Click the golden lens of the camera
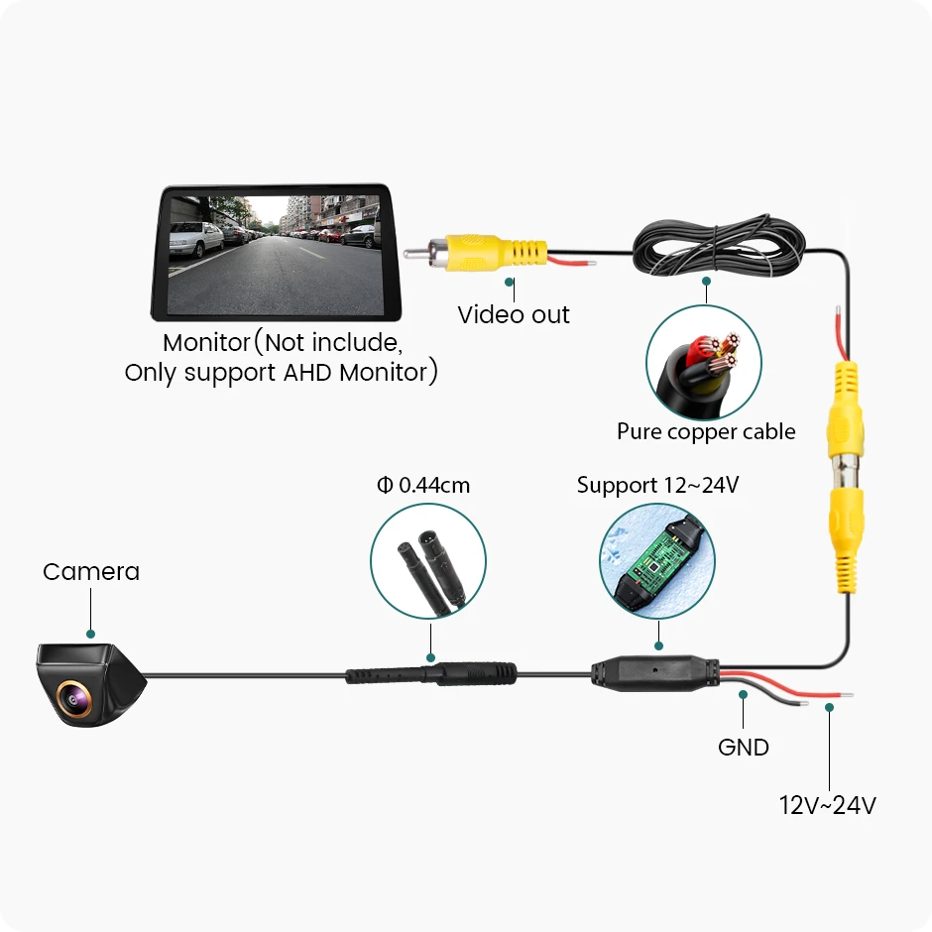click(x=74, y=696)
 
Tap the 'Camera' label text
click(x=91, y=571)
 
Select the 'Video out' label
click(x=514, y=315)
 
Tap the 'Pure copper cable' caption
click(x=706, y=431)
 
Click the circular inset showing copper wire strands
click(x=704, y=361)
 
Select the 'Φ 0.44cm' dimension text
click(x=423, y=485)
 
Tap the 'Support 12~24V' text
click(x=657, y=485)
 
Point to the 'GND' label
click(x=744, y=746)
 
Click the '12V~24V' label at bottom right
click(x=827, y=804)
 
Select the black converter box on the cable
click(x=653, y=672)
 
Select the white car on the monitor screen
click(x=196, y=238)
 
